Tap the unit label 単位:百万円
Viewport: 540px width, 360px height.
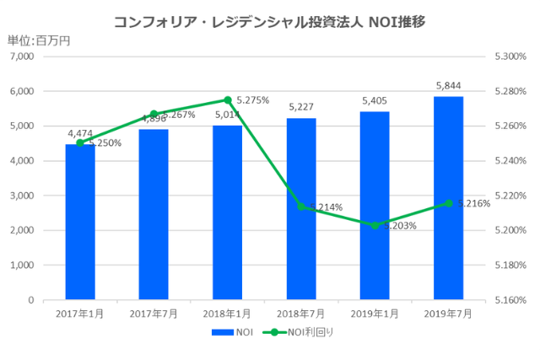[x=39, y=40]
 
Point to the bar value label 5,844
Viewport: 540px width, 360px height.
[x=448, y=86]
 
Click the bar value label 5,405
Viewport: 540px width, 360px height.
[x=375, y=101]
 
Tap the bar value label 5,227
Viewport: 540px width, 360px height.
[x=301, y=107]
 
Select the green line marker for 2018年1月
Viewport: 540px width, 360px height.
[x=228, y=99]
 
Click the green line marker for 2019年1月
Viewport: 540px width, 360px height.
[x=375, y=225]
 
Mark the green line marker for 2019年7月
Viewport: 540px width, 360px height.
[x=448, y=202]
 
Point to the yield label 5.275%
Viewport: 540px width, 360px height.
[x=252, y=100]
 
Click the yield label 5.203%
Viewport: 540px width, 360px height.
[x=400, y=226]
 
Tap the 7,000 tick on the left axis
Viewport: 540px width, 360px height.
[x=21, y=56]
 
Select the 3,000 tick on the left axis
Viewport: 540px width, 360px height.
[x=21, y=196]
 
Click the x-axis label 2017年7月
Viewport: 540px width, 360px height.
[x=154, y=314]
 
